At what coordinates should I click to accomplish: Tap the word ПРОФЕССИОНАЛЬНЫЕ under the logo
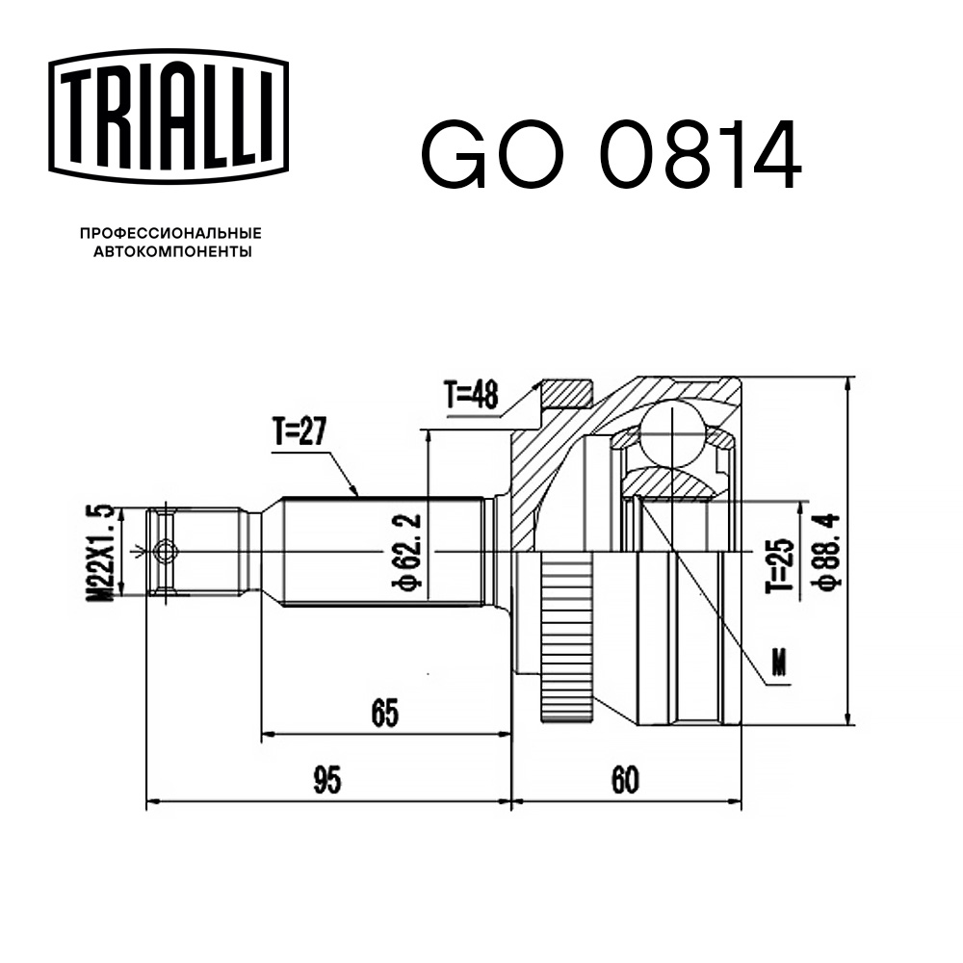[170, 233]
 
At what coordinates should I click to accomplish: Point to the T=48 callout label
[472, 396]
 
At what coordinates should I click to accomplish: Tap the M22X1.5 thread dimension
[106, 552]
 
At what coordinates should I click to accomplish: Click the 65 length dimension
[384, 714]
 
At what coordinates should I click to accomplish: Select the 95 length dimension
[327, 781]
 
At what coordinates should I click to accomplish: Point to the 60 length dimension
[624, 781]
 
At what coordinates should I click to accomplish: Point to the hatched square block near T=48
[565, 393]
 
